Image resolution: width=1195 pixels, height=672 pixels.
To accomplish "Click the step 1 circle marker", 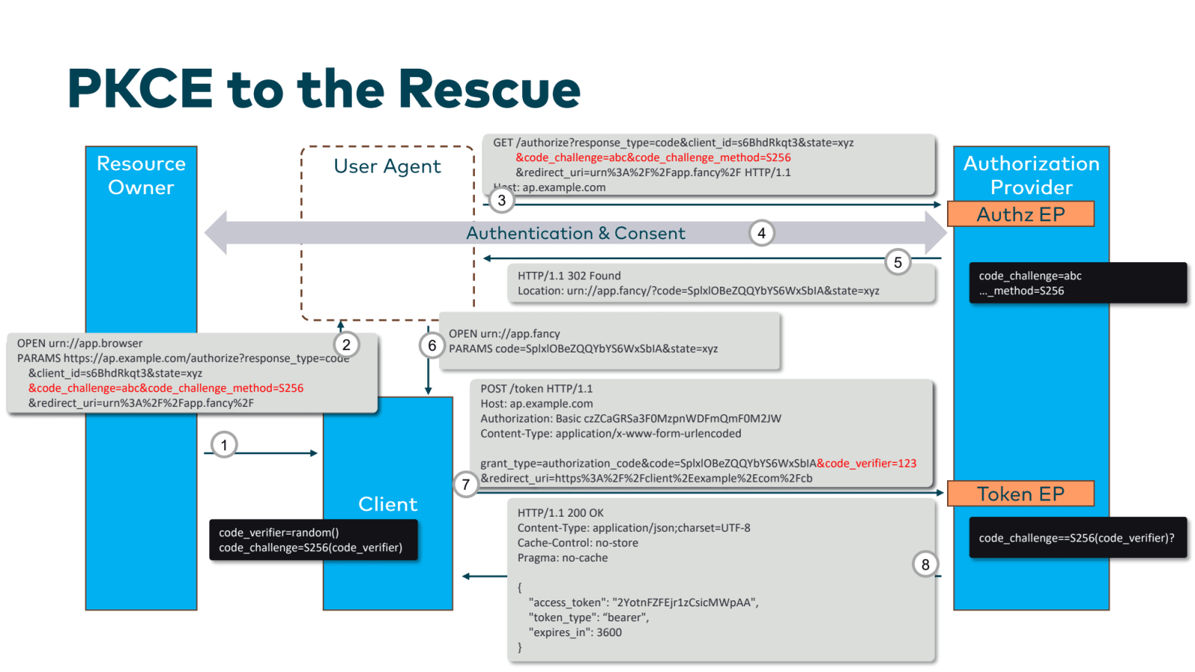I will coord(224,445).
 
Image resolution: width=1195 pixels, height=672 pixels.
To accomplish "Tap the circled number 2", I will coord(346,345).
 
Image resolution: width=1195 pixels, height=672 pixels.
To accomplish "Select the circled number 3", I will coord(502,200).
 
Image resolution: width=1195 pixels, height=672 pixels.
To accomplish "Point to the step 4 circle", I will coord(761,233).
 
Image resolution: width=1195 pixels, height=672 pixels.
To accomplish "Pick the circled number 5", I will coord(898,262).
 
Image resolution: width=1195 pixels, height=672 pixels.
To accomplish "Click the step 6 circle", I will coord(432,346).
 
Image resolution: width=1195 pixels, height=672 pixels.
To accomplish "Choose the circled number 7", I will coord(466,485).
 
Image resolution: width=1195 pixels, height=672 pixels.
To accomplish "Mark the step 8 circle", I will coord(925,564).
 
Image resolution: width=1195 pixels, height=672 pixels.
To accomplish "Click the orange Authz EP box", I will coord(1020,214).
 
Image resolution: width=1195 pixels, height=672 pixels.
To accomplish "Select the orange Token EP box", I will coord(1020,494).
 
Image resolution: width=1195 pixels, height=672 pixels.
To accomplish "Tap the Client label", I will coord(388,505).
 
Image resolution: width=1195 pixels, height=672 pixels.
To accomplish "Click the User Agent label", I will coord(387,167).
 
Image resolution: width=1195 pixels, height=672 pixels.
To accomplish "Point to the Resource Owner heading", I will coord(141,175).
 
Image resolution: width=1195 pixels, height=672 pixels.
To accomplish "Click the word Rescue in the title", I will coord(489,90).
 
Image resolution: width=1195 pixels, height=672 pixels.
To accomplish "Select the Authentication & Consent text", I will coord(575,234).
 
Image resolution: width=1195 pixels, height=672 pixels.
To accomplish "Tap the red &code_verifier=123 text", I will coord(866,464).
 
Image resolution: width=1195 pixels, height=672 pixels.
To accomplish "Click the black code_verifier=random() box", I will coord(314,540).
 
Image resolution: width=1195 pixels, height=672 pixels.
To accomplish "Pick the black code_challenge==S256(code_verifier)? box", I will coord(1077,538).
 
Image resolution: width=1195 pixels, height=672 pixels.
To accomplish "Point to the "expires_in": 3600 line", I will coord(575,632).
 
